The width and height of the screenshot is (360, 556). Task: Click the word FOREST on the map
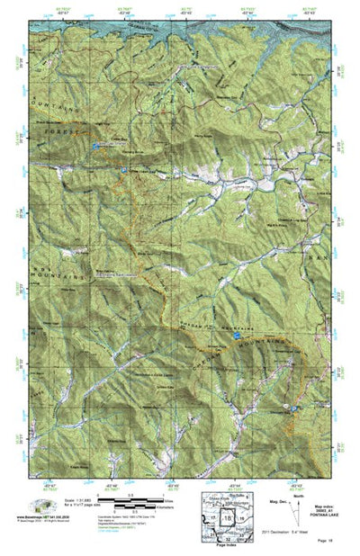pos(57,133)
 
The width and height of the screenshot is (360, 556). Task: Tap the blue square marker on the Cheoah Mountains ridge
pos(237,334)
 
